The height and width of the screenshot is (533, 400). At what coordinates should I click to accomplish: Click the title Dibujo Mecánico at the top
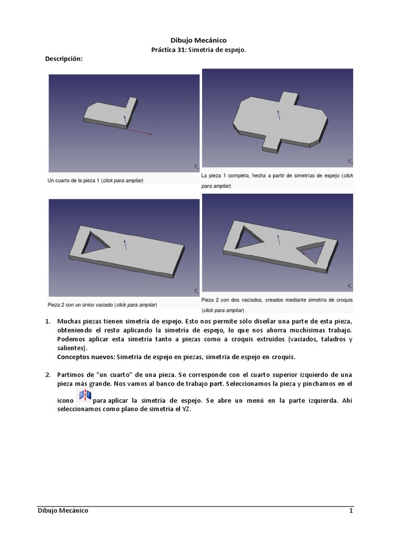(199, 40)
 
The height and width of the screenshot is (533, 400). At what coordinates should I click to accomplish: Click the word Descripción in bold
(65, 59)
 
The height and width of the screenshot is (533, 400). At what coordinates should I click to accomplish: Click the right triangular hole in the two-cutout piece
(311, 253)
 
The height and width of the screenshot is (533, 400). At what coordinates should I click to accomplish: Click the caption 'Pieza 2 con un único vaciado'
(81, 304)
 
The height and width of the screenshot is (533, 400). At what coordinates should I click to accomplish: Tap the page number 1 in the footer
(351, 511)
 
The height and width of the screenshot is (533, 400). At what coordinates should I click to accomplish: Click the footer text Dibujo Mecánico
(63, 511)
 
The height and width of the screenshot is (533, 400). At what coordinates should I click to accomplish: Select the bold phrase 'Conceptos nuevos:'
(86, 357)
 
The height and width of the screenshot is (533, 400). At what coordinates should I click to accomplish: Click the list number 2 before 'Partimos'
(47, 375)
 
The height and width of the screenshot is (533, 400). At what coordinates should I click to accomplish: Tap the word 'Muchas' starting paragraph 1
(70, 322)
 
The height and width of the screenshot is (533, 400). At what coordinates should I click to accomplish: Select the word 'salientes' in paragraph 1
(72, 348)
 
